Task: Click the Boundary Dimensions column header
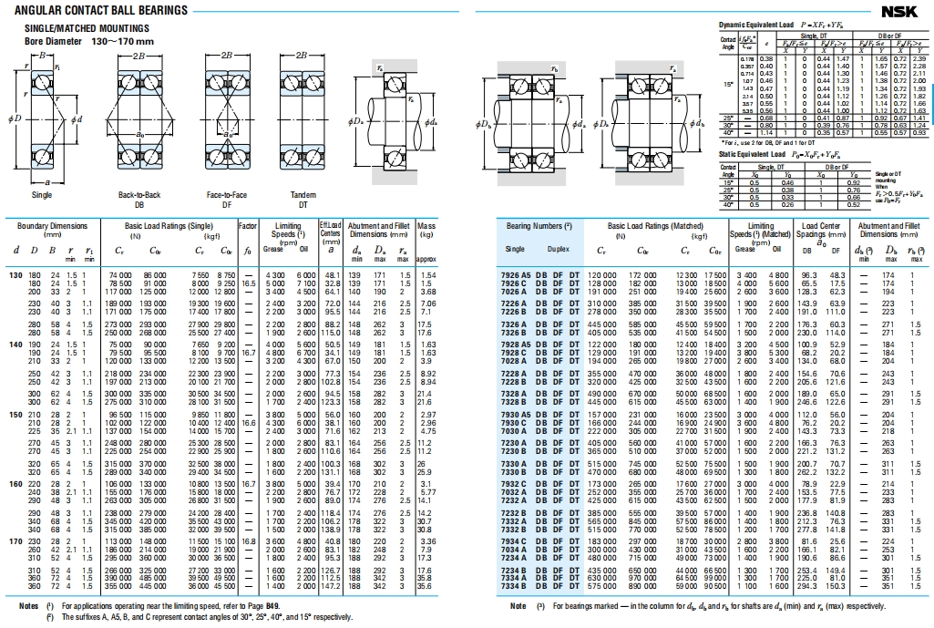click(x=51, y=225)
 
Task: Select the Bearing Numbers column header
click(x=539, y=225)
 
